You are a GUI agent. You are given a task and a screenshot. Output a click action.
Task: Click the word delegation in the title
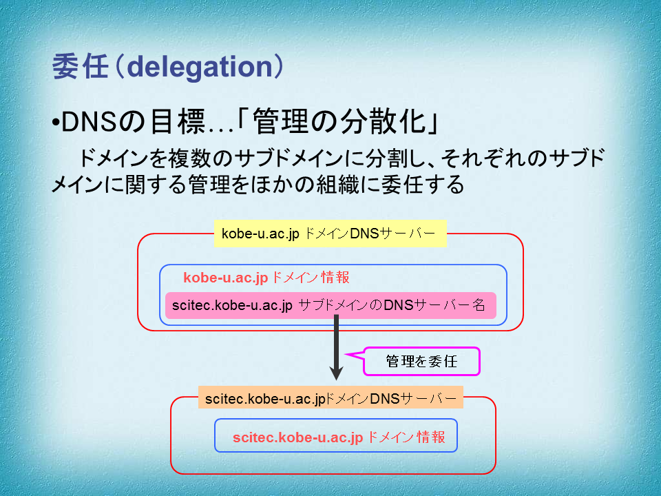coord(200,68)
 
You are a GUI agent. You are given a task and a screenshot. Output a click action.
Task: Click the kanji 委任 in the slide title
coord(80,67)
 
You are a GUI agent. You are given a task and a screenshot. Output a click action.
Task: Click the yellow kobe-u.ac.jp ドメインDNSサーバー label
coord(330,234)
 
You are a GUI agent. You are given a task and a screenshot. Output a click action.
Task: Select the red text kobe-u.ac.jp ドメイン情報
coord(266,278)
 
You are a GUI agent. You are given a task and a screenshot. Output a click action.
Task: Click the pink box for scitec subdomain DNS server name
coord(330,305)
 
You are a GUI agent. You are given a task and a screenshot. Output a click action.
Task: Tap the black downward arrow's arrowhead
coord(336,373)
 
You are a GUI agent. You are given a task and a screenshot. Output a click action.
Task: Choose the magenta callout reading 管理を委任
coord(421,361)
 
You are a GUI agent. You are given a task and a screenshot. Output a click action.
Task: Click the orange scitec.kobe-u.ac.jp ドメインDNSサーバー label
coord(330,398)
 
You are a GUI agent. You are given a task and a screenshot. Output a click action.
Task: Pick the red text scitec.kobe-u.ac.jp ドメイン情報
coord(339,437)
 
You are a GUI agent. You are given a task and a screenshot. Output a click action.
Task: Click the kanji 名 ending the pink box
coord(479,305)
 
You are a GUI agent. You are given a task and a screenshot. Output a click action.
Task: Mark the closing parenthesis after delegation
coord(279,67)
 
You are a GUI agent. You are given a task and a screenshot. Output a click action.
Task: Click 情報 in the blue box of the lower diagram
coord(431,437)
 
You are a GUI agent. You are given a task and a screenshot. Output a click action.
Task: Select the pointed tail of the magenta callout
coord(346,354)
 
